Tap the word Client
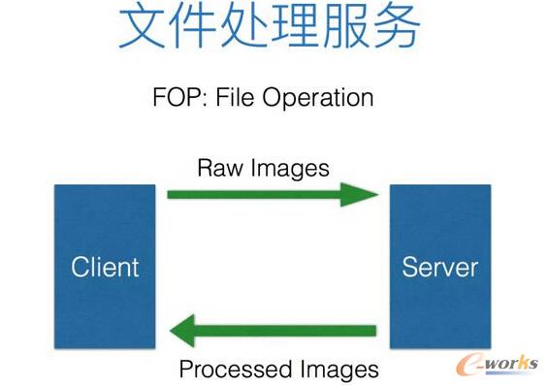[105, 267]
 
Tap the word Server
[439, 267]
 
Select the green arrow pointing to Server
[272, 194]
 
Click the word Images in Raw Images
[288, 167]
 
